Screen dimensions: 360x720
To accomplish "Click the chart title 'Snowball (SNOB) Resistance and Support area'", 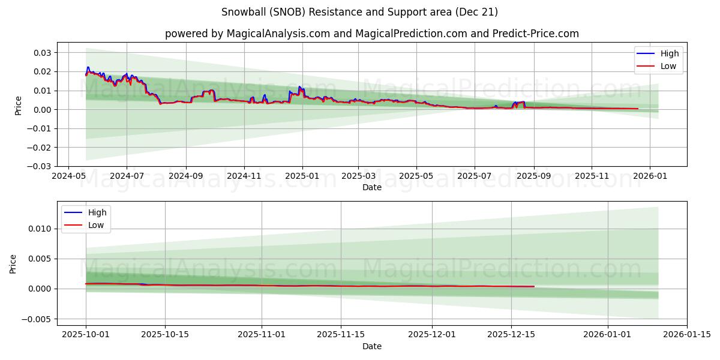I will pyautogui.click(x=359, y=12).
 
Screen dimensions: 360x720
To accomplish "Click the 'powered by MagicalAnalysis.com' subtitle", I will pyautogui.click(x=371, y=34).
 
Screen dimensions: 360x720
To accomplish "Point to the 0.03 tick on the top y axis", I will pyautogui.click(x=42, y=53).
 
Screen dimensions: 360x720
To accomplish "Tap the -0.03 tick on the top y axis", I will pyautogui.click(x=40, y=166).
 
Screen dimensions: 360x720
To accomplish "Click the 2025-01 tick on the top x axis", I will pyautogui.click(x=302, y=176).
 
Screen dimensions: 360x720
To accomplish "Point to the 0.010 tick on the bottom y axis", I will pyautogui.click(x=40, y=229).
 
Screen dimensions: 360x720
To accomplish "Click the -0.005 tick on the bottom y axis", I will pyautogui.click(x=37, y=319).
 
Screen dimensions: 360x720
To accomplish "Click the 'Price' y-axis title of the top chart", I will pyautogui.click(x=19, y=105).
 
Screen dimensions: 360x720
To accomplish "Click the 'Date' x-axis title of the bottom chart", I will pyautogui.click(x=372, y=346).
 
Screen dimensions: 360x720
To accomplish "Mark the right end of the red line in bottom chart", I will pyautogui.click(x=534, y=286).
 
